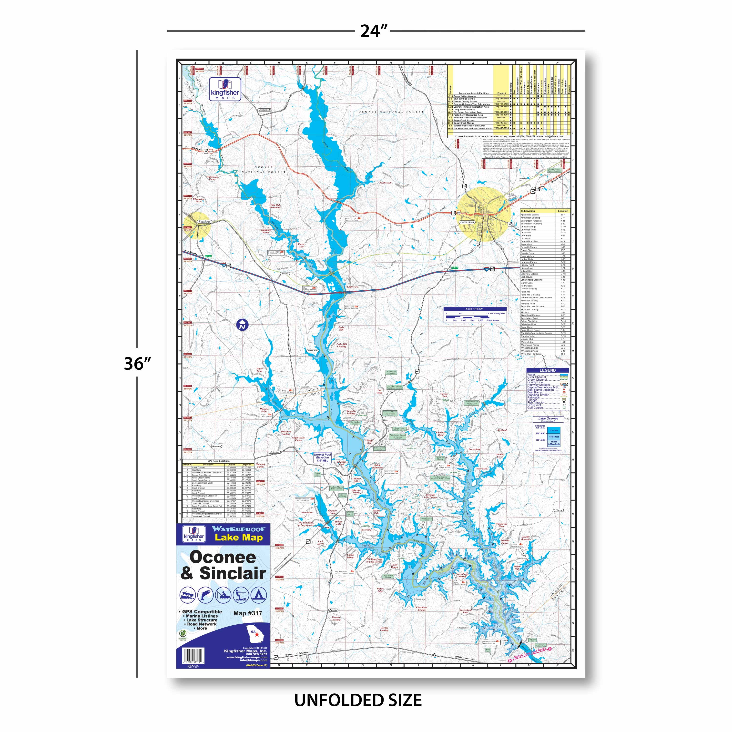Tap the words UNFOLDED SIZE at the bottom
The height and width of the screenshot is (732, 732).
tap(358, 700)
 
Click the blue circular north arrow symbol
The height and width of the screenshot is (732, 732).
tap(242, 325)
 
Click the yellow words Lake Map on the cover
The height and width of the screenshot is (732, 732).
tap(239, 537)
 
